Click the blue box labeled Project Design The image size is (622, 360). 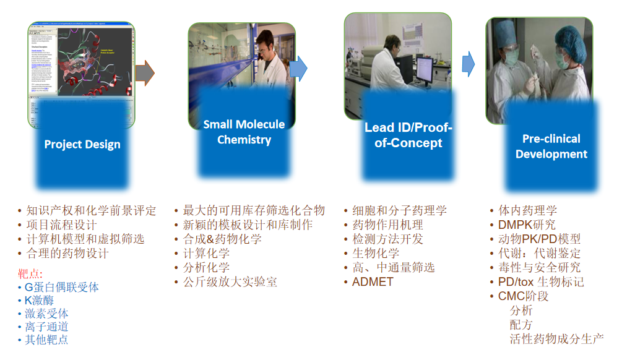pyautogui.click(x=82, y=145)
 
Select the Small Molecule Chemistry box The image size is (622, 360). pyautogui.click(x=244, y=132)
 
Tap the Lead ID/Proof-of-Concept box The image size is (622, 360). pyautogui.click(x=408, y=135)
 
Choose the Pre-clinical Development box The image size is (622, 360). pyautogui.click(x=551, y=146)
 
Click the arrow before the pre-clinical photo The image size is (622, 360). pyautogui.click(x=468, y=62)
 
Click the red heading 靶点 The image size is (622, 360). pyautogui.click(x=30, y=273)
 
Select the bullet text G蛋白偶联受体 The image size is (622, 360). pyautogui.click(x=61, y=287)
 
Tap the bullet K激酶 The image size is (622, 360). pyautogui.click(x=40, y=301)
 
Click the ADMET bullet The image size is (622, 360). pyautogui.click(x=373, y=282)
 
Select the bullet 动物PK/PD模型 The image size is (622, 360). pyautogui.click(x=539, y=239)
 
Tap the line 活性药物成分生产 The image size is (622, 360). pyautogui.click(x=556, y=339)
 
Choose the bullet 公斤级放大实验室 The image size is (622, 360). pyautogui.click(x=230, y=282)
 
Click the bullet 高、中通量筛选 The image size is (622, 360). pyautogui.click(x=393, y=267)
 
